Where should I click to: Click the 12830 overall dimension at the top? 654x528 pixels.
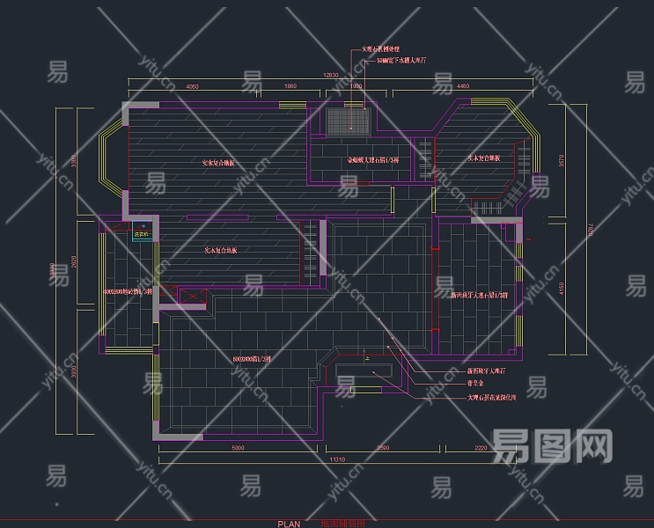[x=331, y=76]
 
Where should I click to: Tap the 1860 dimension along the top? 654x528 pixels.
[x=290, y=87]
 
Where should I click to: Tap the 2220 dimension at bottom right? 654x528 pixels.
[x=480, y=449]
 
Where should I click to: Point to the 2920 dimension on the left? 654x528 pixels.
[x=75, y=261]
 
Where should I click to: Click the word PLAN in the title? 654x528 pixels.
[x=289, y=523]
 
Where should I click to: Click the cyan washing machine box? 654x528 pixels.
[x=142, y=234]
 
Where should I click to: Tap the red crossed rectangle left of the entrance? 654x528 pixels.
[x=192, y=297]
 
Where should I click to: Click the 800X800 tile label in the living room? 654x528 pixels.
[x=253, y=359]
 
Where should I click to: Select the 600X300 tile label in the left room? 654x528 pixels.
[x=129, y=290]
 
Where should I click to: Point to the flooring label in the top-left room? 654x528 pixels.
[x=219, y=163]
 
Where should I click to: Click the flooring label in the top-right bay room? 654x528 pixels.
[x=483, y=158]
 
